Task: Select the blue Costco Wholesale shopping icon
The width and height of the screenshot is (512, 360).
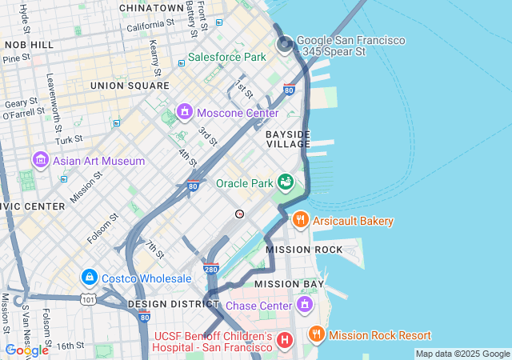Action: pos(90,277)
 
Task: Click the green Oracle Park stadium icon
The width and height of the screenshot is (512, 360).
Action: pos(285,182)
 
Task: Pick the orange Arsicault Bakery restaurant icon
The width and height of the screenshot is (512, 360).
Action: pos(301,219)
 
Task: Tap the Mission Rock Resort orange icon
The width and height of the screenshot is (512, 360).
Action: pos(317,334)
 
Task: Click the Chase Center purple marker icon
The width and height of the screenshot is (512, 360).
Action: pos(304,305)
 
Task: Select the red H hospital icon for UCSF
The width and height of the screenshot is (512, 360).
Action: pos(283,342)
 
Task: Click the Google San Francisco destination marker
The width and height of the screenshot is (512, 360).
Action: pos(285,45)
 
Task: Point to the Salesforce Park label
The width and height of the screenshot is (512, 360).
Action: pos(226,58)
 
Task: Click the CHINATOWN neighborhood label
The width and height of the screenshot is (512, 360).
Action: pos(151,7)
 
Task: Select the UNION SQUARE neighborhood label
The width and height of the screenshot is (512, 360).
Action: pos(130,85)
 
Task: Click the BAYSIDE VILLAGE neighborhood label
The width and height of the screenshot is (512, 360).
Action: pos(288,138)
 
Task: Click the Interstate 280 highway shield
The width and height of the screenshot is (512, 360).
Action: pos(211,269)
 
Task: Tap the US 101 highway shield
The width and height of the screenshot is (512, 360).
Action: pos(87,299)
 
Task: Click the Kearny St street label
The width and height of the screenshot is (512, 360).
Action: pos(154,53)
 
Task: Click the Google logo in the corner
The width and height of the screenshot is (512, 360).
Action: pos(26,350)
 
